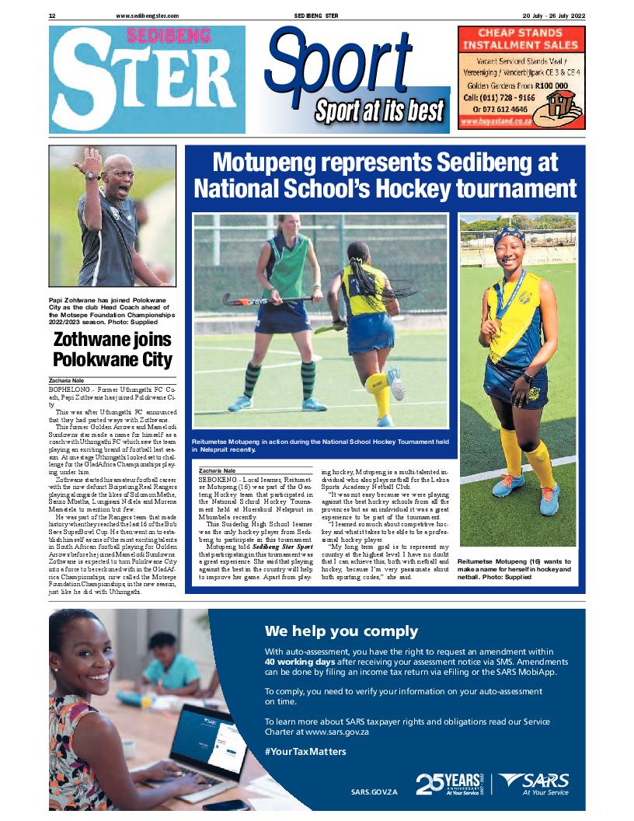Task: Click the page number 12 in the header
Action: click(x=51, y=16)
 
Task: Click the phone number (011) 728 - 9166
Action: click(x=499, y=99)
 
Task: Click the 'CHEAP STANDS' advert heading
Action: click(x=519, y=33)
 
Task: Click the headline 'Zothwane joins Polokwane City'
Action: click(x=112, y=349)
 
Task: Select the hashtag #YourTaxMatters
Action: click(x=305, y=752)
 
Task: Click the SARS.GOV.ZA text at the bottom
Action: click(x=374, y=791)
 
